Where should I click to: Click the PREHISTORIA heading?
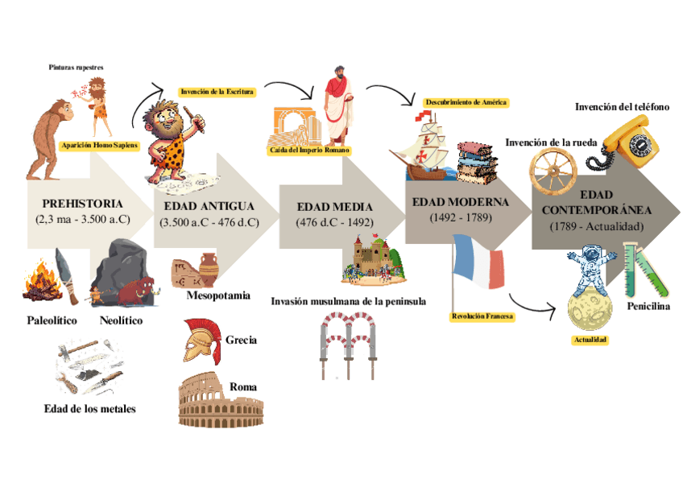(x=83, y=204)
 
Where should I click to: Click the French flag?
(x=479, y=262)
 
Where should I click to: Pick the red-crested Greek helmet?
(x=199, y=341)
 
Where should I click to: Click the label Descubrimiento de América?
(x=466, y=102)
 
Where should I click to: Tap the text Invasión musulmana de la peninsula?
(x=348, y=301)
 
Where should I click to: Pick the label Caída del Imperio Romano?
(x=309, y=151)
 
